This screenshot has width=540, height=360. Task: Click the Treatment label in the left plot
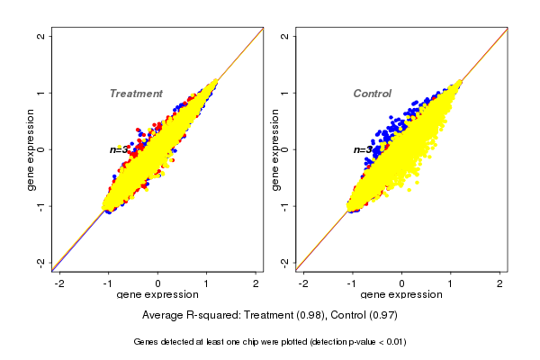click(136, 94)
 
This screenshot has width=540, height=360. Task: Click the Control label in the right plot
click(372, 94)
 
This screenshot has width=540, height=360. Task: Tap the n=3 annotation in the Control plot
click(362, 149)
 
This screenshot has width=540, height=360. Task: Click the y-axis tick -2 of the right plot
click(284, 262)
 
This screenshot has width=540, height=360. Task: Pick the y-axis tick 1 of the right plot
click(284, 93)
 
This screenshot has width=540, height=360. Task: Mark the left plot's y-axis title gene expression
click(31, 149)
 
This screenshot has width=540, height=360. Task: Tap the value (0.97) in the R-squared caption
click(382, 316)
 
